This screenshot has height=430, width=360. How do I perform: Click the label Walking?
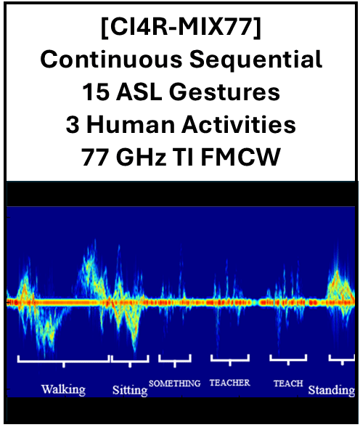63,389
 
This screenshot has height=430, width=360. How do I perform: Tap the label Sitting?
130,390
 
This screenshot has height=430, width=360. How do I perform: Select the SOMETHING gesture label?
174,383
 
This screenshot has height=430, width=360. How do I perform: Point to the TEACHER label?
230,383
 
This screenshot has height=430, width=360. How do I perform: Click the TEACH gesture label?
288,383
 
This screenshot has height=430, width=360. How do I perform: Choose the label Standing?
332,390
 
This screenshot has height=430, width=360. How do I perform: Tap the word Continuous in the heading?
111,60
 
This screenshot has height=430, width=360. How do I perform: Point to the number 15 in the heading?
96,92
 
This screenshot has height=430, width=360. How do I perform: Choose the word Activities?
239,125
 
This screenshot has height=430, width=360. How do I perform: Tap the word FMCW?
240,157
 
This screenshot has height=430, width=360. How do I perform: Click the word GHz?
142,157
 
